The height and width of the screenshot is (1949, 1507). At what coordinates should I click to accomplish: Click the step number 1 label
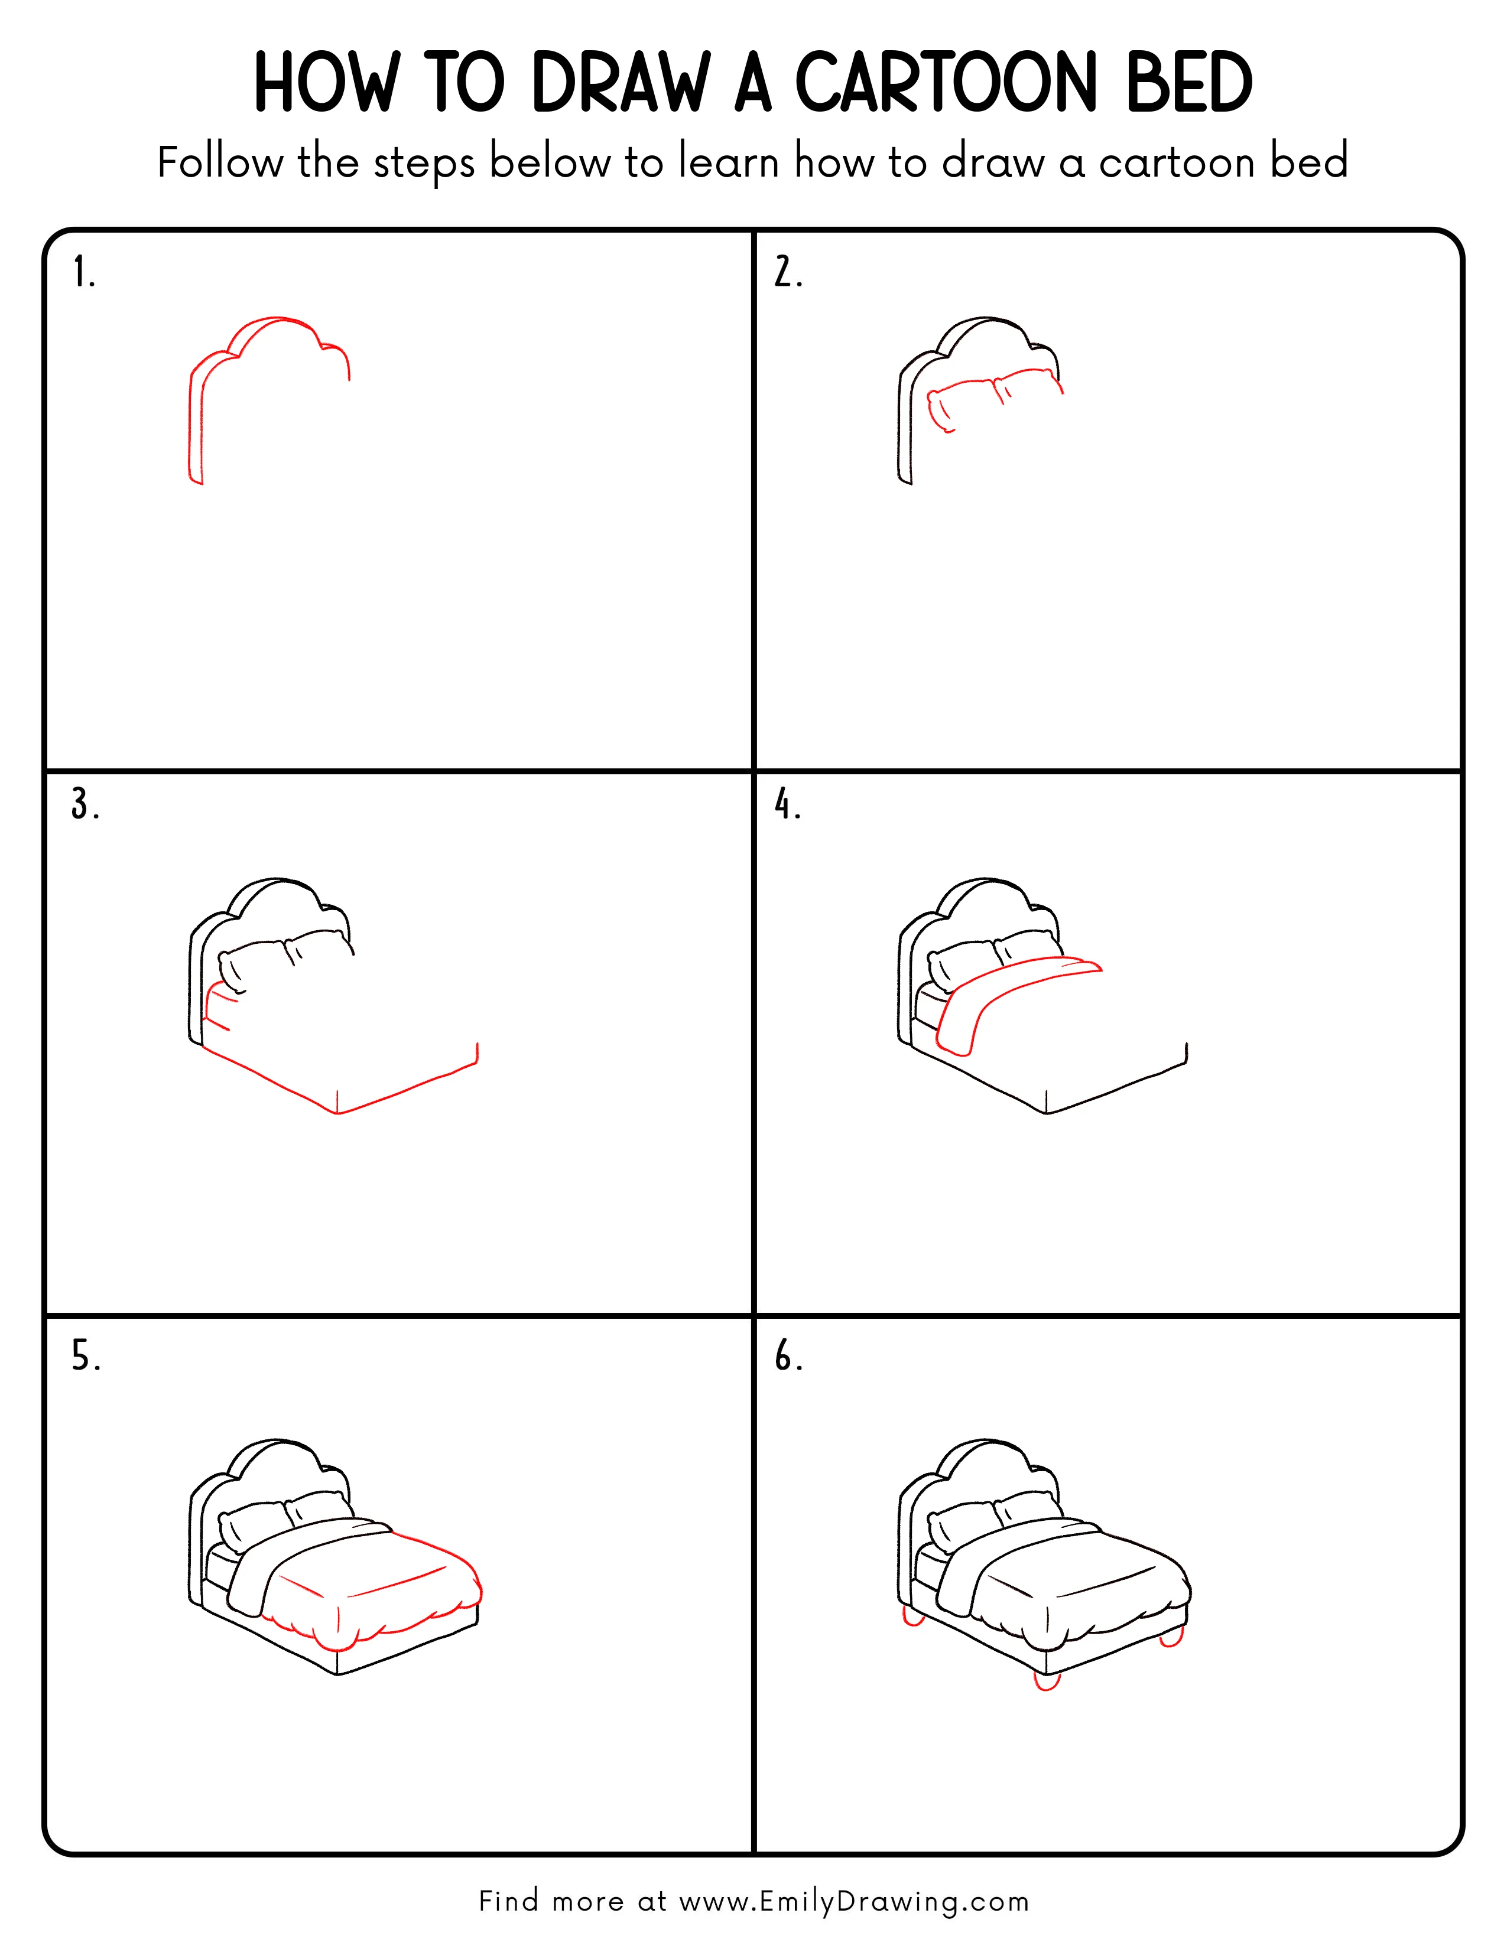pyautogui.click(x=83, y=272)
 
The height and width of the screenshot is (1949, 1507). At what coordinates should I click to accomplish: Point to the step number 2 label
pyautogui.click(x=787, y=272)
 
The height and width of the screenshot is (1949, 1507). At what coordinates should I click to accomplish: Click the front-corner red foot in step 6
pyautogui.click(x=1046, y=1681)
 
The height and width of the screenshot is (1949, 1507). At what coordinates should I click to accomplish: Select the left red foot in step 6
pyautogui.click(x=912, y=1617)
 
